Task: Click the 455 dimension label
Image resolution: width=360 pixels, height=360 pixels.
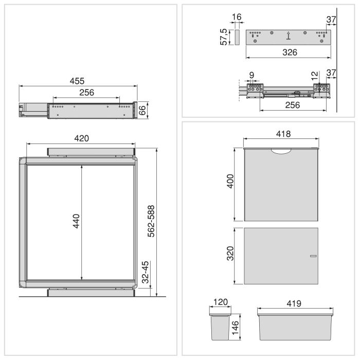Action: [77, 81]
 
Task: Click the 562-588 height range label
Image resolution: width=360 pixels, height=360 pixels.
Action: [151, 221]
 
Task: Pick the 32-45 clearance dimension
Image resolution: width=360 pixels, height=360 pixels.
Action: [146, 273]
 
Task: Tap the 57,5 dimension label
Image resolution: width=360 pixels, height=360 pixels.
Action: [224, 37]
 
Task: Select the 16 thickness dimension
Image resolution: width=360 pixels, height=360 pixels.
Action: [237, 17]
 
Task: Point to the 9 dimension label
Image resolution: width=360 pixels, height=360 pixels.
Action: [251, 75]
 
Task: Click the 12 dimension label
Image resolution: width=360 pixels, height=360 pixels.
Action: [315, 76]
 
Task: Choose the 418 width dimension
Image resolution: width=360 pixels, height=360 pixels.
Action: [283, 134]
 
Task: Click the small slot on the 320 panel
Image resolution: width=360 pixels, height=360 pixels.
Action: [313, 256]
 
